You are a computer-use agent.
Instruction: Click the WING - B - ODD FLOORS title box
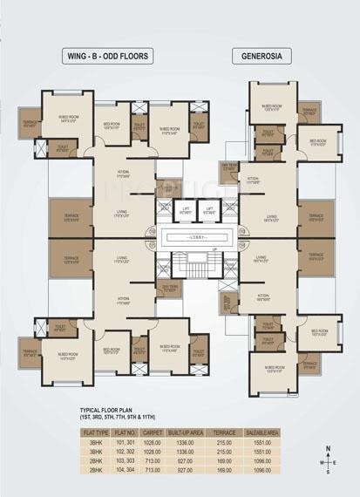coord(109,57)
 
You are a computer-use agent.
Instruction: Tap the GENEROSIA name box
coord(262,57)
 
